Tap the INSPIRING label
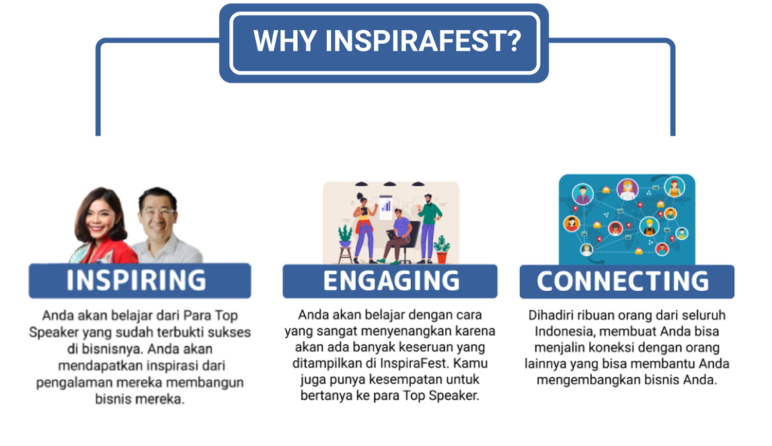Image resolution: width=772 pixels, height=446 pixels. click(x=137, y=280)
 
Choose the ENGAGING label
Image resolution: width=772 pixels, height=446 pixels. click(x=391, y=281)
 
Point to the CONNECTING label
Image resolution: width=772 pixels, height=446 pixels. click(x=623, y=281)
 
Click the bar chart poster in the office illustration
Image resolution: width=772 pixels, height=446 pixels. click(x=386, y=206)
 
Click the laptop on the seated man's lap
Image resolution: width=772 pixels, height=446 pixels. click(x=393, y=235)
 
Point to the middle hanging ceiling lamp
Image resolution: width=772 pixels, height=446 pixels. click(x=389, y=184)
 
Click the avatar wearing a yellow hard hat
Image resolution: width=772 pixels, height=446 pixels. click(x=650, y=226)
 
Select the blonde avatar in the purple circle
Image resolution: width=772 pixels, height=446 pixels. click(x=627, y=189)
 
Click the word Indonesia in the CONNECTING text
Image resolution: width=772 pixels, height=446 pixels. click(x=564, y=331)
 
